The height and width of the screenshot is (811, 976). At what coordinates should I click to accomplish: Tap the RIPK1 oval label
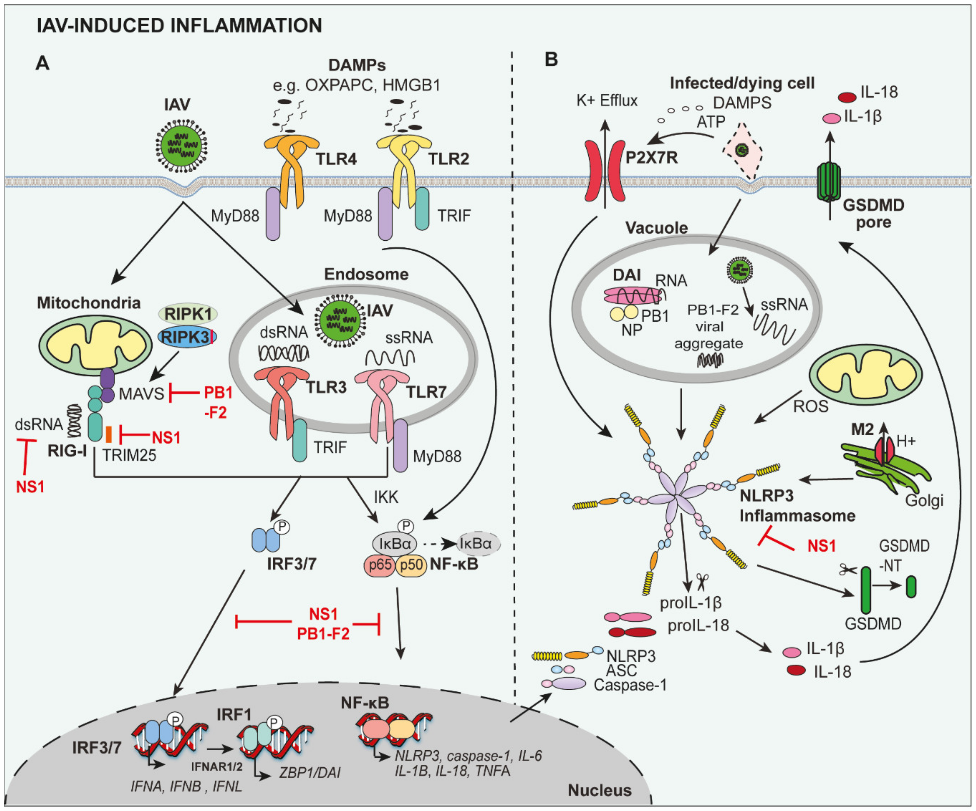pos(188,314)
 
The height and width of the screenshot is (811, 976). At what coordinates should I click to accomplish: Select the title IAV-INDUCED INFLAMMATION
pos(179,25)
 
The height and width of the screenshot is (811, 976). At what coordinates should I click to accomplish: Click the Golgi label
pos(924,500)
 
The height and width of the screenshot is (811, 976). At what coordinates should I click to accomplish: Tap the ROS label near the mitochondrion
pos(810,406)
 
